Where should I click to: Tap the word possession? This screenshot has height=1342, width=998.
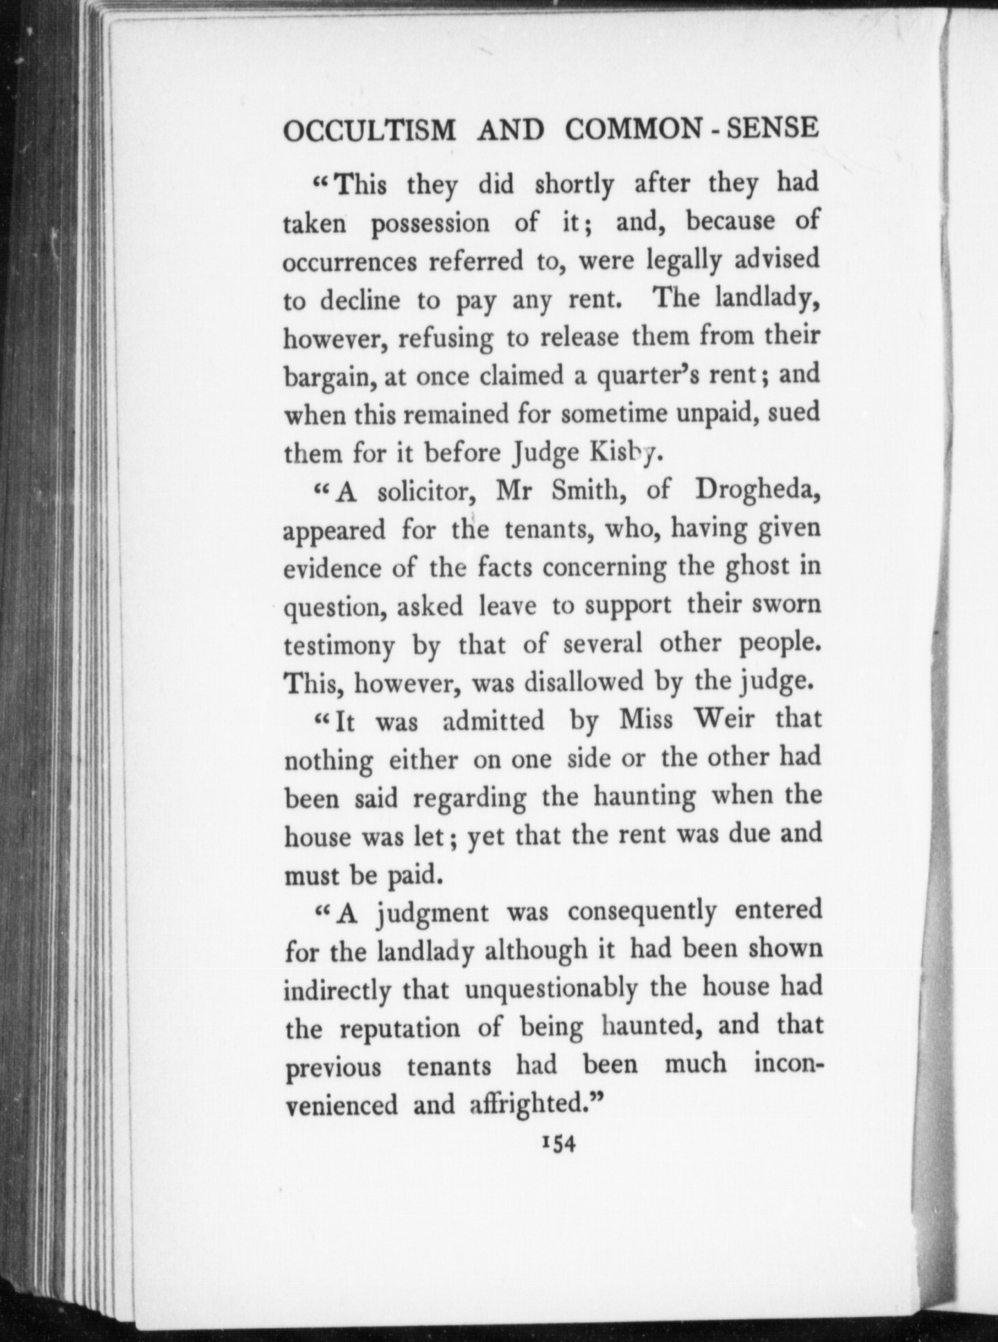pyautogui.click(x=430, y=223)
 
